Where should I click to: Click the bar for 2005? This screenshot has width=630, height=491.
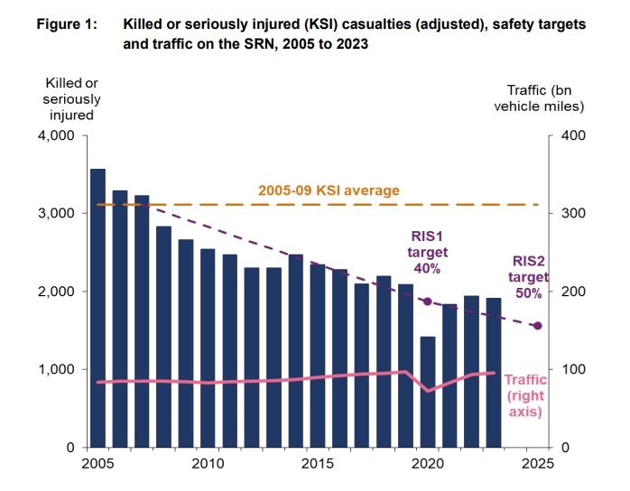coord(97,308)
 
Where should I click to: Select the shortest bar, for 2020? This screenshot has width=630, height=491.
coord(427,392)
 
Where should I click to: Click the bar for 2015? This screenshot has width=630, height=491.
coord(317,356)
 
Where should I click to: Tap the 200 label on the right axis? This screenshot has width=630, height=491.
coord(574,292)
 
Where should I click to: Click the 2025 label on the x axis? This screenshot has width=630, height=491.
coord(538,464)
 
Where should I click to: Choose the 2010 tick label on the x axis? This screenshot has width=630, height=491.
coord(208,464)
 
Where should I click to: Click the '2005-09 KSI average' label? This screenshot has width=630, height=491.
coord(329,191)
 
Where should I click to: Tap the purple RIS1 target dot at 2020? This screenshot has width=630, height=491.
coord(427,301)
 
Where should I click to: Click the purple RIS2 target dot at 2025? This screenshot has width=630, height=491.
coord(538,326)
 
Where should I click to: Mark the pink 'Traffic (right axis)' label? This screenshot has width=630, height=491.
coord(524,395)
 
